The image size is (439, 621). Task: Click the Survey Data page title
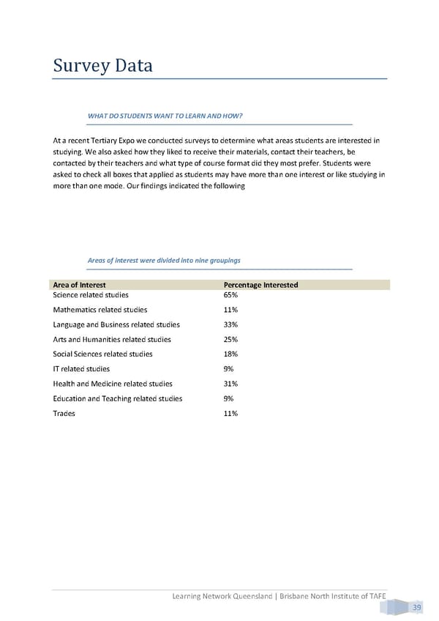click(x=103, y=66)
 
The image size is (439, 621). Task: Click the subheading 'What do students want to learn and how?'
click(x=165, y=116)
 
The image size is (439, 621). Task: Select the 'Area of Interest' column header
click(x=80, y=285)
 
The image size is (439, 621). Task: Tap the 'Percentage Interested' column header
click(x=260, y=285)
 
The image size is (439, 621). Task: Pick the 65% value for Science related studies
click(x=230, y=295)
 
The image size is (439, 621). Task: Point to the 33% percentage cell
click(x=230, y=324)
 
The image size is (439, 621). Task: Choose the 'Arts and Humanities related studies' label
click(x=112, y=339)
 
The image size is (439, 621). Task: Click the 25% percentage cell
click(x=230, y=339)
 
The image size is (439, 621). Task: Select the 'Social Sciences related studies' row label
click(x=103, y=354)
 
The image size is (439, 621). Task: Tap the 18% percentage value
click(x=230, y=354)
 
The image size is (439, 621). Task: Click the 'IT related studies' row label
click(x=81, y=369)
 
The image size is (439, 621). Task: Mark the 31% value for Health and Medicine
click(x=230, y=384)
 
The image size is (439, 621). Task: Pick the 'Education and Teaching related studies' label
click(x=118, y=398)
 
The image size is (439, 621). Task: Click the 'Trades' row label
click(x=64, y=413)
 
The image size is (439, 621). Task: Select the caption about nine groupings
click(x=164, y=260)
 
